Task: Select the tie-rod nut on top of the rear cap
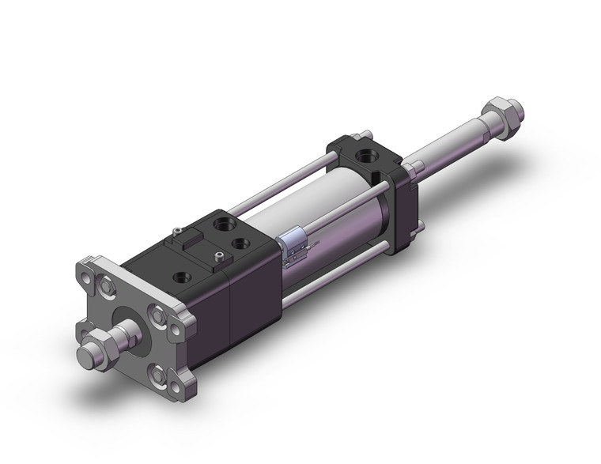tap(366, 134)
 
